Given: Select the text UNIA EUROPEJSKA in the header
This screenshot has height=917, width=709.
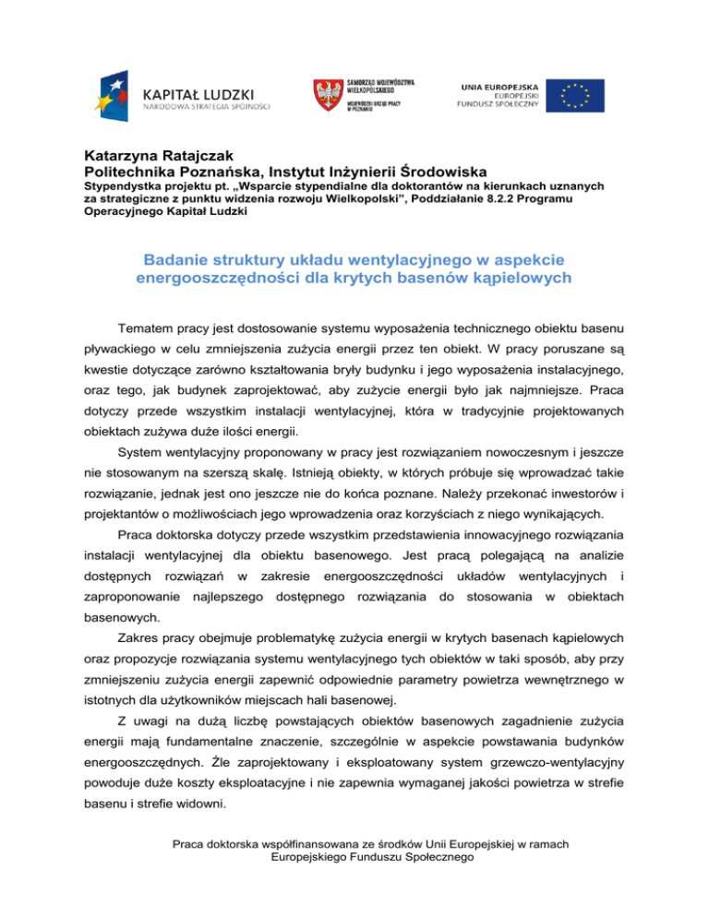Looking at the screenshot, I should (499, 85).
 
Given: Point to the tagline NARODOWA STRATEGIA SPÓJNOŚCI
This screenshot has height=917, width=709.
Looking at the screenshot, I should (206, 108).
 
